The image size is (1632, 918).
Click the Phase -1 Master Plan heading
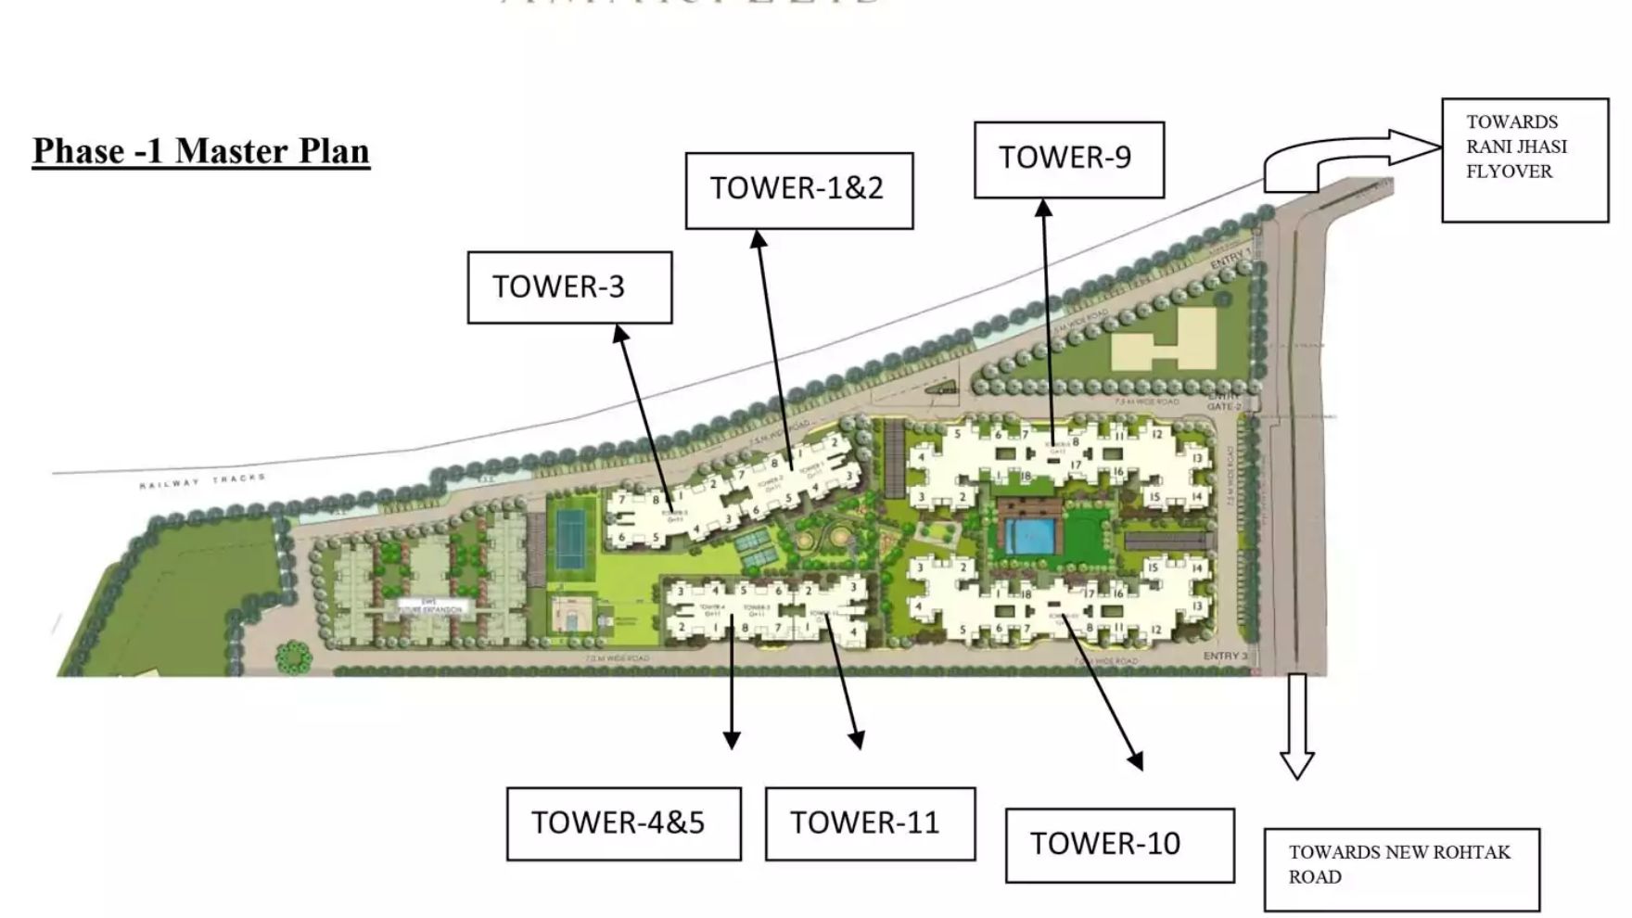coord(201,151)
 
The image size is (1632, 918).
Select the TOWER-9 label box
coord(1068,159)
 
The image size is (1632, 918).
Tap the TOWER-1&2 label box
coord(798,190)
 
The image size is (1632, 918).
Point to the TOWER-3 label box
coord(569,287)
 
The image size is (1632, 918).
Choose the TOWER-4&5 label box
coord(623,823)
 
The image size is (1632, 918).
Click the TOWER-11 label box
coord(870,823)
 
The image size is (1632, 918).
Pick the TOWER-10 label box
coord(1119,845)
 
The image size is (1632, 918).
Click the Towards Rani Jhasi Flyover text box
coord(1524,159)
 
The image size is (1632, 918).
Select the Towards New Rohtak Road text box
coord(1401,869)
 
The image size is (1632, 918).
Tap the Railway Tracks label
coord(202,480)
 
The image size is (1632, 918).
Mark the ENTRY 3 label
coord(1225,656)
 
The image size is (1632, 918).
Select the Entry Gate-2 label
coord(1224,402)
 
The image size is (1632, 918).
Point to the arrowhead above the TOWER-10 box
coord(1135,760)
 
